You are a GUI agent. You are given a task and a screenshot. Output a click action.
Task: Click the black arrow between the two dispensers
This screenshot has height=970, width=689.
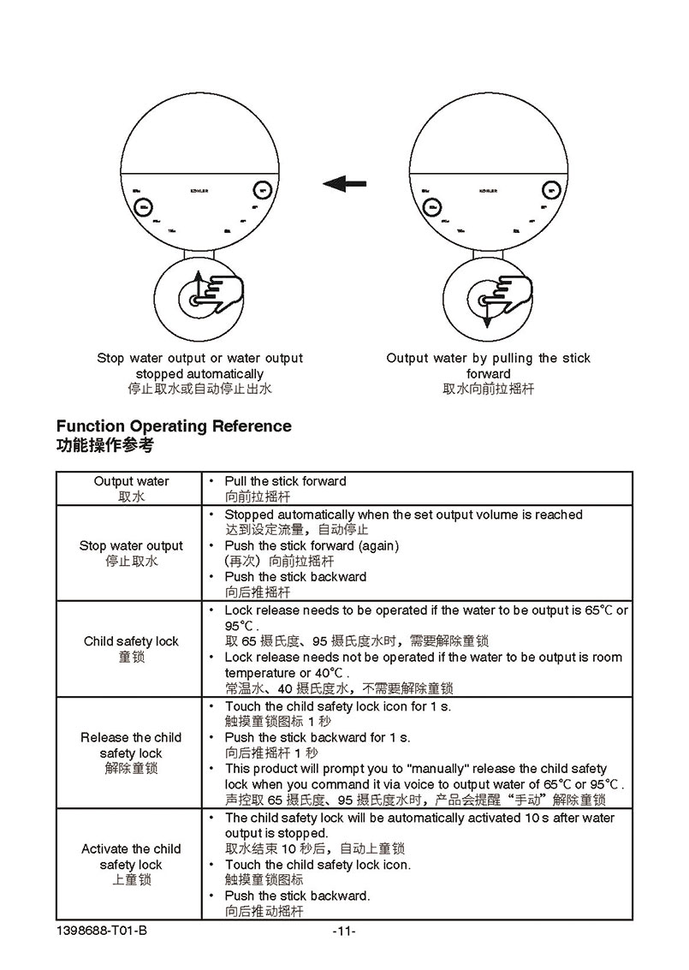[344, 183]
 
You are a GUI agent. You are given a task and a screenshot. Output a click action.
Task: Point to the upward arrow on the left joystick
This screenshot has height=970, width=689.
[197, 282]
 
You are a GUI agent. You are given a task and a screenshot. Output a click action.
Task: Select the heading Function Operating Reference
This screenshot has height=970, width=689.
[174, 426]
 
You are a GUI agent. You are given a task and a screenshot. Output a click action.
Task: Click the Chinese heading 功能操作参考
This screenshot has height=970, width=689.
[104, 446]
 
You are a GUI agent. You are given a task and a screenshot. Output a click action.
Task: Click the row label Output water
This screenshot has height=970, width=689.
[131, 481]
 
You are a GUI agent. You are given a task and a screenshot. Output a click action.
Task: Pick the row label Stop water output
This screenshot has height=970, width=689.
[131, 545]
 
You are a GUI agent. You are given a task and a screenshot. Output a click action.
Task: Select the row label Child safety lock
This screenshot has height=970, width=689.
[131, 641]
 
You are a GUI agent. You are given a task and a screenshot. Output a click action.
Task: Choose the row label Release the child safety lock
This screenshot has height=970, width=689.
[131, 745]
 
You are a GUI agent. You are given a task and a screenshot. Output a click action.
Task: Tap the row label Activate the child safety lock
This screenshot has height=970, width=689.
[131, 857]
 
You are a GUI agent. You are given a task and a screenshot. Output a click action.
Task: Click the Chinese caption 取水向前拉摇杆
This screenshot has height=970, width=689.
[488, 389]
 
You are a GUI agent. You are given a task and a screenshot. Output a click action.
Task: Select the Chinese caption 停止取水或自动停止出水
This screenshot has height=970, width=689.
[199, 389]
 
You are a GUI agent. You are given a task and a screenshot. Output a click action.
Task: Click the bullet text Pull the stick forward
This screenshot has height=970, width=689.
[285, 481]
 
